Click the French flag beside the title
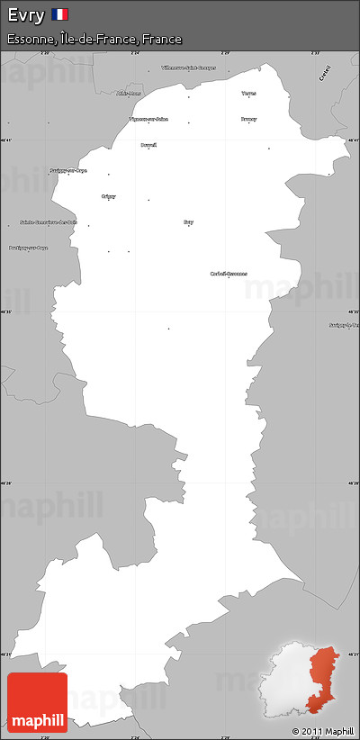tap(60, 14)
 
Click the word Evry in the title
tap(25, 14)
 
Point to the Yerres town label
tap(248, 93)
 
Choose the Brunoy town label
tap(248, 119)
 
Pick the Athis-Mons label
tap(129, 94)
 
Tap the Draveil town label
tap(148, 144)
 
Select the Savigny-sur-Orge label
tap(68, 169)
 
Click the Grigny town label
tap(109, 195)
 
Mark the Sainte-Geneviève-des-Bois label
tap(49, 221)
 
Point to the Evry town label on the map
tap(188, 221)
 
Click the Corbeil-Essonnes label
tap(229, 273)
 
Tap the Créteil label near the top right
tap(325, 73)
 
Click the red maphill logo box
tap(36, 702)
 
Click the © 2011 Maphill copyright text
tap(323, 730)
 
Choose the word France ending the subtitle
tap(161, 40)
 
